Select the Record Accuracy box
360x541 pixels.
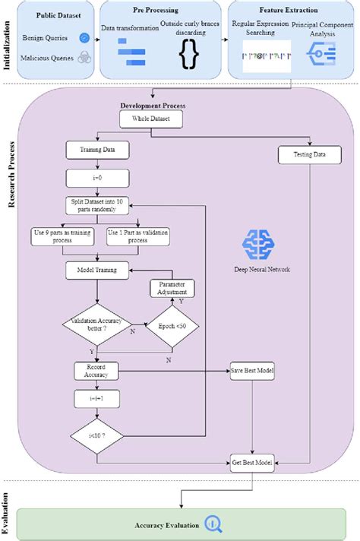coord(93,371)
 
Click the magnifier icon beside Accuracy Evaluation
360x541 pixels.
coord(213,524)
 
